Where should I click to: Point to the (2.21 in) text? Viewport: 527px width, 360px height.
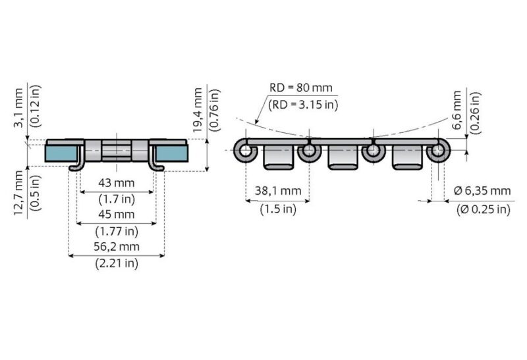117,263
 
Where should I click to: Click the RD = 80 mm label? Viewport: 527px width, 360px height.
301,88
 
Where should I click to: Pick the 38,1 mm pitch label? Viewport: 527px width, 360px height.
277,192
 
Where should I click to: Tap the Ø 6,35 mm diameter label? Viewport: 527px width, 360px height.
483,192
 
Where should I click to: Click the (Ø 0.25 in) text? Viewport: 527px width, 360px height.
483,209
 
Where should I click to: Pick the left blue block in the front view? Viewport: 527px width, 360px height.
60,153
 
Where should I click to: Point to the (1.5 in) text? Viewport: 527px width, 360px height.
277,209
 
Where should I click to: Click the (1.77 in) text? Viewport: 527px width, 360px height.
117,231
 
